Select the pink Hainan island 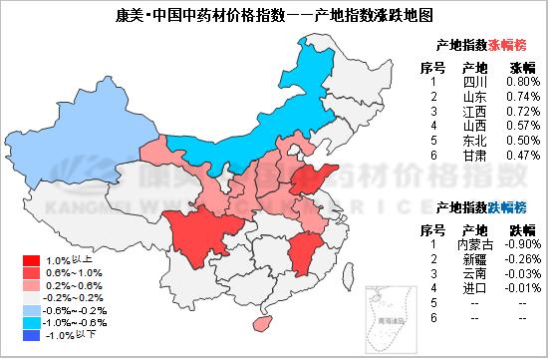tap(265, 324)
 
